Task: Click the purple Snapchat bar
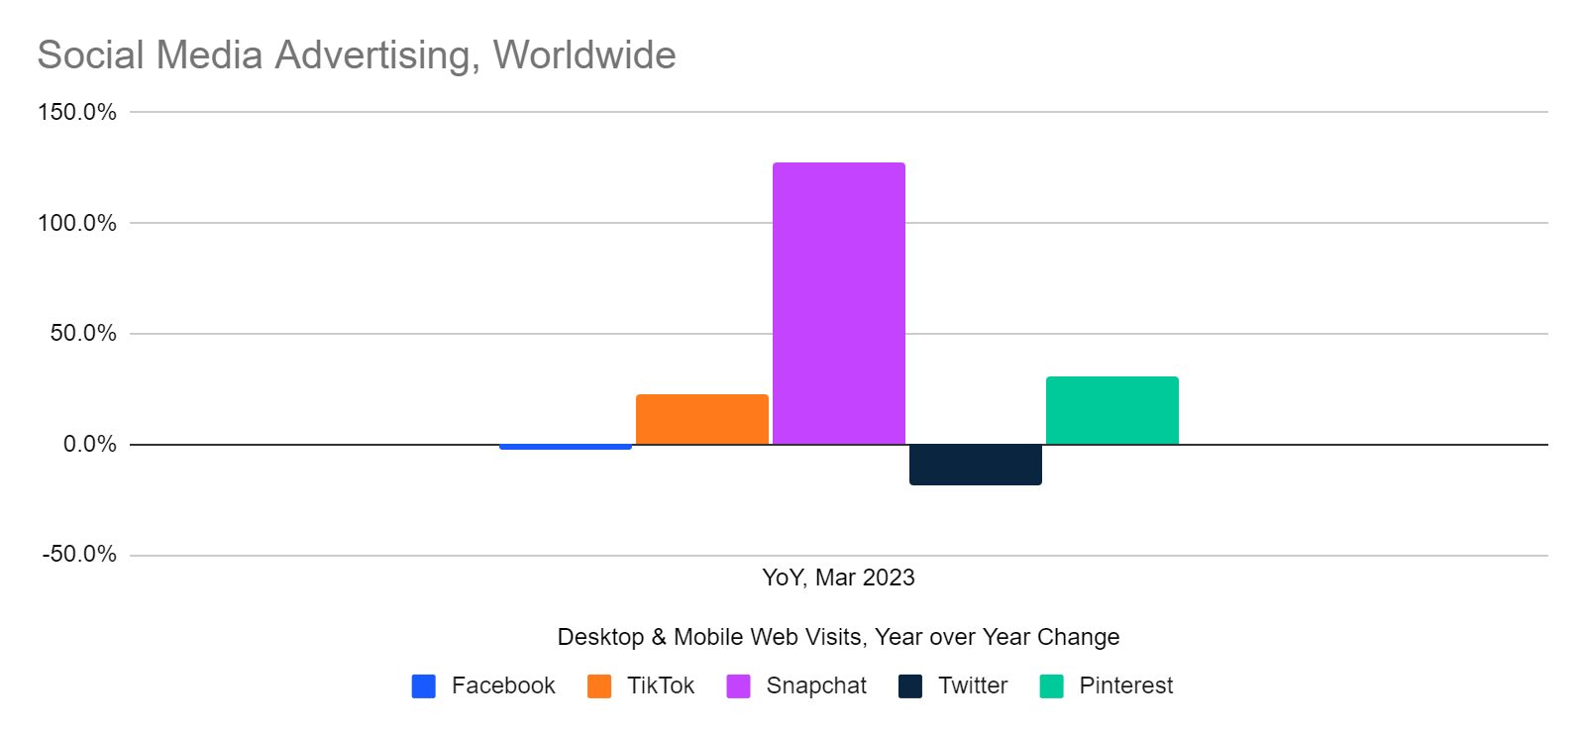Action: (838, 303)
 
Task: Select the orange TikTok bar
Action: (701, 419)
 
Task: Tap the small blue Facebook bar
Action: (565, 447)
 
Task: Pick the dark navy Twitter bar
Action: (975, 465)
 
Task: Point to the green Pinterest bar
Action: (1111, 410)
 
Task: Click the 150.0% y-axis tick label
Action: (77, 112)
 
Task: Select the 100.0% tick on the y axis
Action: (77, 223)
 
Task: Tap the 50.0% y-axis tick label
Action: (83, 333)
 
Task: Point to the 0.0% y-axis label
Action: (89, 444)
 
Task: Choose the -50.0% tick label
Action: (79, 554)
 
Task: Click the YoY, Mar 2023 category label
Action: (838, 577)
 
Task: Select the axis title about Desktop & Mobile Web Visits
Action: (838, 637)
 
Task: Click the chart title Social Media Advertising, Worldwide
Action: (357, 55)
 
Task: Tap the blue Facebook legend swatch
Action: (424, 686)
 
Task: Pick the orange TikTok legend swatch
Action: (599, 686)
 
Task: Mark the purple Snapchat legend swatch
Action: (738, 686)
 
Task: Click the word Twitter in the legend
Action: (973, 685)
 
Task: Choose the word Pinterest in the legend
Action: (1125, 685)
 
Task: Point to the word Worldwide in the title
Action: (584, 55)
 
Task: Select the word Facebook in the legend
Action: (503, 685)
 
